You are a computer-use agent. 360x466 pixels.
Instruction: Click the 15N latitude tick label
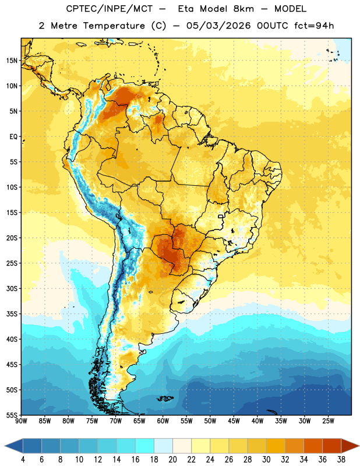point(12,61)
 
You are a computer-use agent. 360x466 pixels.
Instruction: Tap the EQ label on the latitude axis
point(13,137)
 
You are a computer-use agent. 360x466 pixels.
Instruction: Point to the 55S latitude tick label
point(12,415)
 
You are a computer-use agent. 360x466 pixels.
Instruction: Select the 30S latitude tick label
point(12,288)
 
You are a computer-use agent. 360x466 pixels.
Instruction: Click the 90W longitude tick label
point(22,421)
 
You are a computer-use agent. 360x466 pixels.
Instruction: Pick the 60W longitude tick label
point(163,421)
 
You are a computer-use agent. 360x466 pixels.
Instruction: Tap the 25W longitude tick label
point(328,421)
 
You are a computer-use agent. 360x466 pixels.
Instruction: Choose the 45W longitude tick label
point(234,421)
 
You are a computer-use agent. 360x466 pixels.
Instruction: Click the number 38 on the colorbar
point(341,460)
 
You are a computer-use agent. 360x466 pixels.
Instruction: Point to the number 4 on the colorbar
point(23,460)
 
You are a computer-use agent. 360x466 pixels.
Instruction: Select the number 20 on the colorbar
point(172,460)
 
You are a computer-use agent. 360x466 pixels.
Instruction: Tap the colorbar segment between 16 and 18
point(145,446)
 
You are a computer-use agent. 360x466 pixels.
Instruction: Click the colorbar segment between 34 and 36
point(313,446)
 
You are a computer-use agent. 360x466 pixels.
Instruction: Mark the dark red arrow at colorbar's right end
point(350,446)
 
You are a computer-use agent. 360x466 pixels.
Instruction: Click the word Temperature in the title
point(114,26)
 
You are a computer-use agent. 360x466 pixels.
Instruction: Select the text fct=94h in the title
point(314,26)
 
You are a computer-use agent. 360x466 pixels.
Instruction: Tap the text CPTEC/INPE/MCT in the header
point(109,9)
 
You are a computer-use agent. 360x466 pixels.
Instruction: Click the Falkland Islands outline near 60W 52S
point(165,398)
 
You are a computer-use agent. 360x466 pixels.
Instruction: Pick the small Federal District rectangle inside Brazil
point(221,216)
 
